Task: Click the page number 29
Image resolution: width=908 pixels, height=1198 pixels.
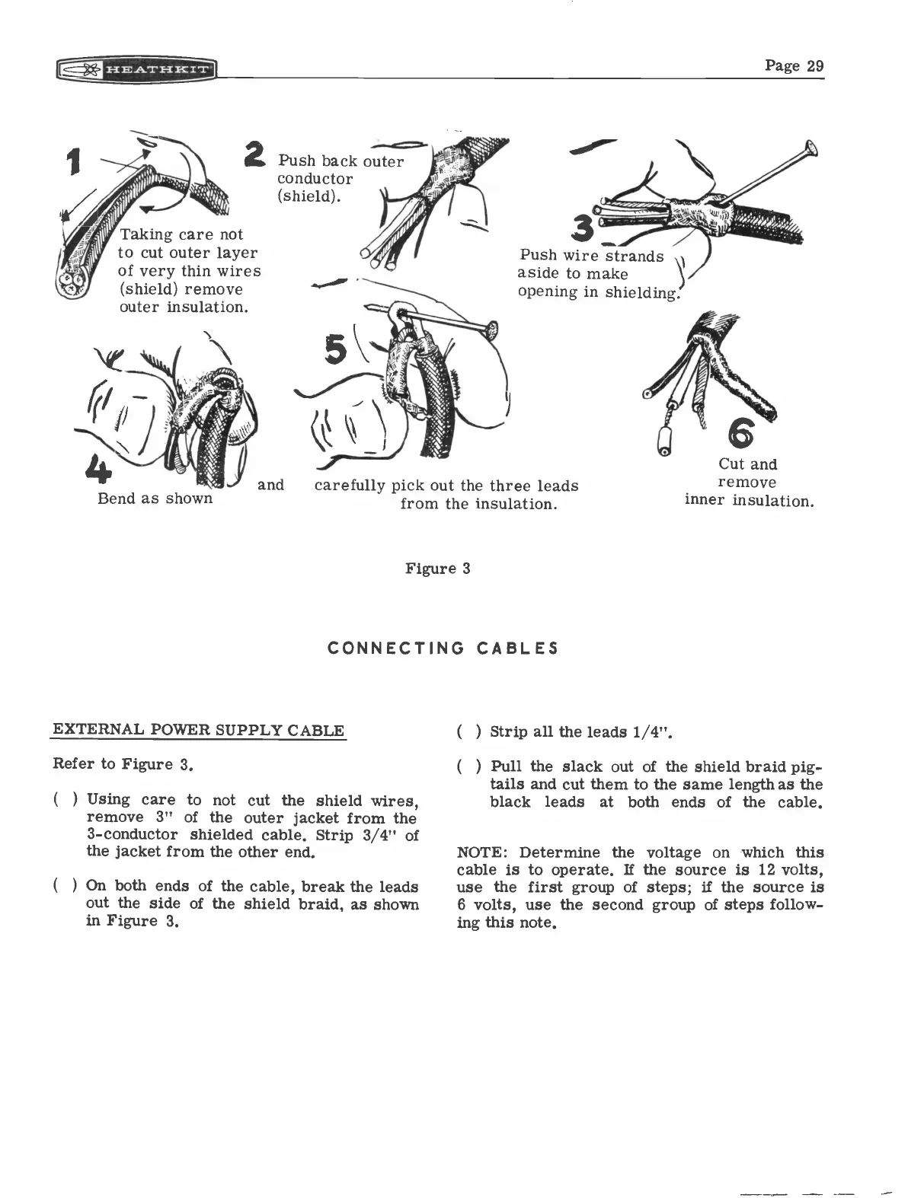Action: click(x=794, y=65)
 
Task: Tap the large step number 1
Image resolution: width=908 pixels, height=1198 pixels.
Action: click(x=74, y=162)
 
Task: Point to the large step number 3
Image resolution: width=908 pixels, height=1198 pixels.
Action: click(x=584, y=228)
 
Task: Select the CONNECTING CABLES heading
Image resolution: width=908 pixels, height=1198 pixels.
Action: click(x=443, y=648)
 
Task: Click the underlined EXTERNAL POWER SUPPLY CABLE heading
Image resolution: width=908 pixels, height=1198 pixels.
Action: click(x=198, y=731)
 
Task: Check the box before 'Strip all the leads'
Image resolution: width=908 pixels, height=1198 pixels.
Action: click(x=468, y=732)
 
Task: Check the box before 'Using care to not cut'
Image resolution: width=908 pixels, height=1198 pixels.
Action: click(x=65, y=800)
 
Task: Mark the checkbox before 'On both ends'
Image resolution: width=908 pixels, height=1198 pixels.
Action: click(x=65, y=887)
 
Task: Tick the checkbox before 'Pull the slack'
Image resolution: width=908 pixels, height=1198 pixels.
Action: click(x=468, y=766)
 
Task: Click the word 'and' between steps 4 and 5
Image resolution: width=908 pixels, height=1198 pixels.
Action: click(x=270, y=485)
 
